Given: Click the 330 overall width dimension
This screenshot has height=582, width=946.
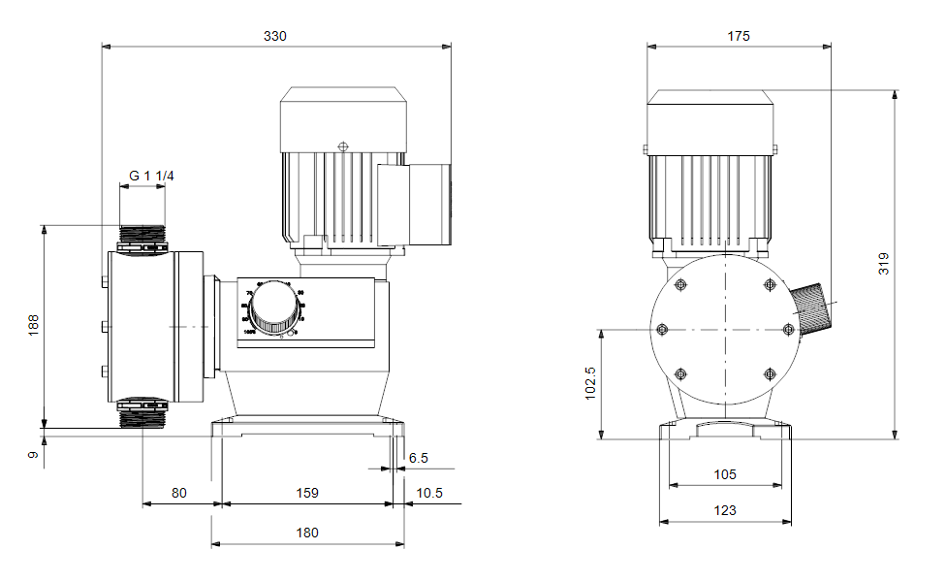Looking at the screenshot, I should point(275,36).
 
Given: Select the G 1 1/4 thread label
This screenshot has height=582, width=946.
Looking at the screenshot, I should point(151,176).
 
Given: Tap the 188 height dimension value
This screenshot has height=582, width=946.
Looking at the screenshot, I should point(33,324).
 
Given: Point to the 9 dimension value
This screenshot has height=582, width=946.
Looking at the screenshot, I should point(33,453).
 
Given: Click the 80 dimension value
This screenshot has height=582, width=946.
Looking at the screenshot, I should point(179,493).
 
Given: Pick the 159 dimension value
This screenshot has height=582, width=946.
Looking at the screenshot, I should point(306,493).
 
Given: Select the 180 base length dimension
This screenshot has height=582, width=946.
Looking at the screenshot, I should point(308,533).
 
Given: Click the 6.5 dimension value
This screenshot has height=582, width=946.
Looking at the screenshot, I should point(418,458).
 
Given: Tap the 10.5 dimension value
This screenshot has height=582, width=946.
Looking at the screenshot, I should point(428,493).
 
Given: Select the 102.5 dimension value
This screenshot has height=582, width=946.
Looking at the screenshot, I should point(590,383).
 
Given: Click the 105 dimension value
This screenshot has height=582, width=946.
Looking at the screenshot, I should point(725,474).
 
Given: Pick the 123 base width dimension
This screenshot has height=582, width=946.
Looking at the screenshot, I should point(725,510).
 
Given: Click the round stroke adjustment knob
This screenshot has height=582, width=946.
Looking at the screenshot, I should point(274,311).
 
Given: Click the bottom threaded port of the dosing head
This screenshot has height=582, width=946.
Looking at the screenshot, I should point(142,412).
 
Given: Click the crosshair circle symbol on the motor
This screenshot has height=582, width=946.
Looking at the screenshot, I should point(342,146).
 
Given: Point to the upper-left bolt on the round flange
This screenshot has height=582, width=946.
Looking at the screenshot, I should point(680,285).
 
